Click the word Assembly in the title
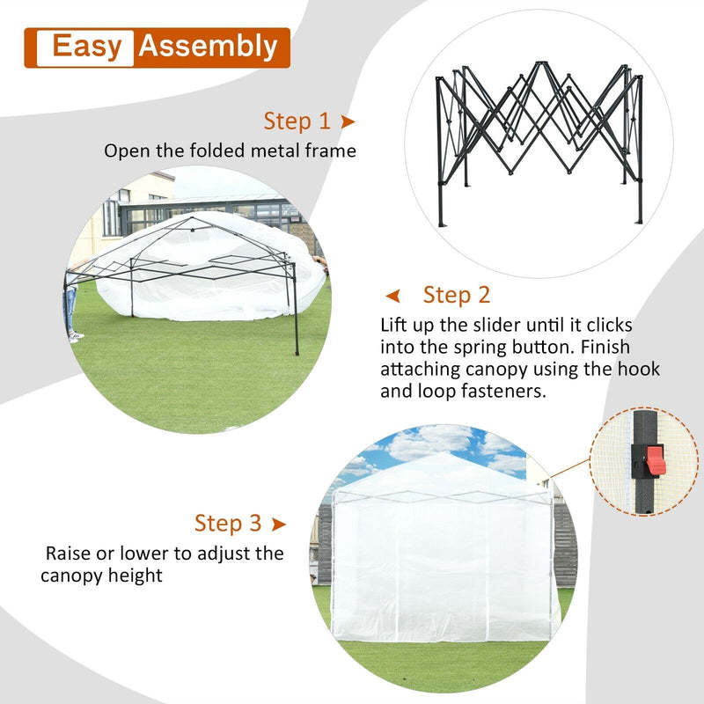[x=208, y=47]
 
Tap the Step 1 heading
[x=297, y=121]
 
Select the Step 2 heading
[x=457, y=294]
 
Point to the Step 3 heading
[x=228, y=524]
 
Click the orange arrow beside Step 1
[x=348, y=121]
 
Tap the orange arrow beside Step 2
[x=394, y=295]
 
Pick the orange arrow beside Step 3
[x=279, y=524]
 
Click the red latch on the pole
[x=655, y=458]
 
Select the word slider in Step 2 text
[x=499, y=326]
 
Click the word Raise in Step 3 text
[x=70, y=554]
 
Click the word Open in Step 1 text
[x=126, y=151]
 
